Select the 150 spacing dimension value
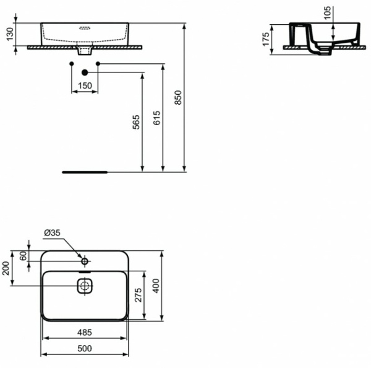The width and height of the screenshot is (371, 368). pyautogui.click(x=85, y=85)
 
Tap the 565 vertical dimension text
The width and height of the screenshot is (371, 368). pyautogui.click(x=137, y=122)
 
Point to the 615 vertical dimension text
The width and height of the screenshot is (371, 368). pyautogui.click(x=156, y=118)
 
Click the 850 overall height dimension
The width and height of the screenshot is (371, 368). pyautogui.click(x=179, y=98)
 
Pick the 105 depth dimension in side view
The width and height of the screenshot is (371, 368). pyautogui.click(x=328, y=12)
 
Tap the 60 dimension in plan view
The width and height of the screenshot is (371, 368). pyautogui.click(x=23, y=256)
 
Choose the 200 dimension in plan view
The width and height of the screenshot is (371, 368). pyautogui.click(x=6, y=268)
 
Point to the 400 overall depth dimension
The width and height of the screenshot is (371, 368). pyautogui.click(x=156, y=286)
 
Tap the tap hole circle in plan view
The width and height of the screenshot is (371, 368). pyautogui.click(x=84, y=260)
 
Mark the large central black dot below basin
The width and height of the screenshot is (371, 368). pyautogui.click(x=85, y=72)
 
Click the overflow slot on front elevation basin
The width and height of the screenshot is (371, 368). pyautogui.click(x=85, y=28)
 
